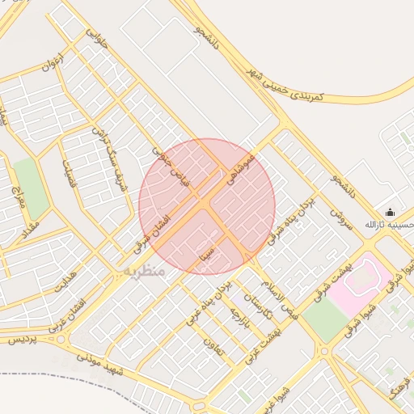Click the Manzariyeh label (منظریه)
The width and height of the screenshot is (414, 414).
click(144, 272)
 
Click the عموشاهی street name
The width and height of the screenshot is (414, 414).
click(241, 167)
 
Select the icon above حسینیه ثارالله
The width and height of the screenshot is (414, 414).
click(390, 212)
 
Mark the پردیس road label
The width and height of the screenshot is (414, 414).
click(23, 340)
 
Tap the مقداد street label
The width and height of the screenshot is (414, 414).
click(32, 225)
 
